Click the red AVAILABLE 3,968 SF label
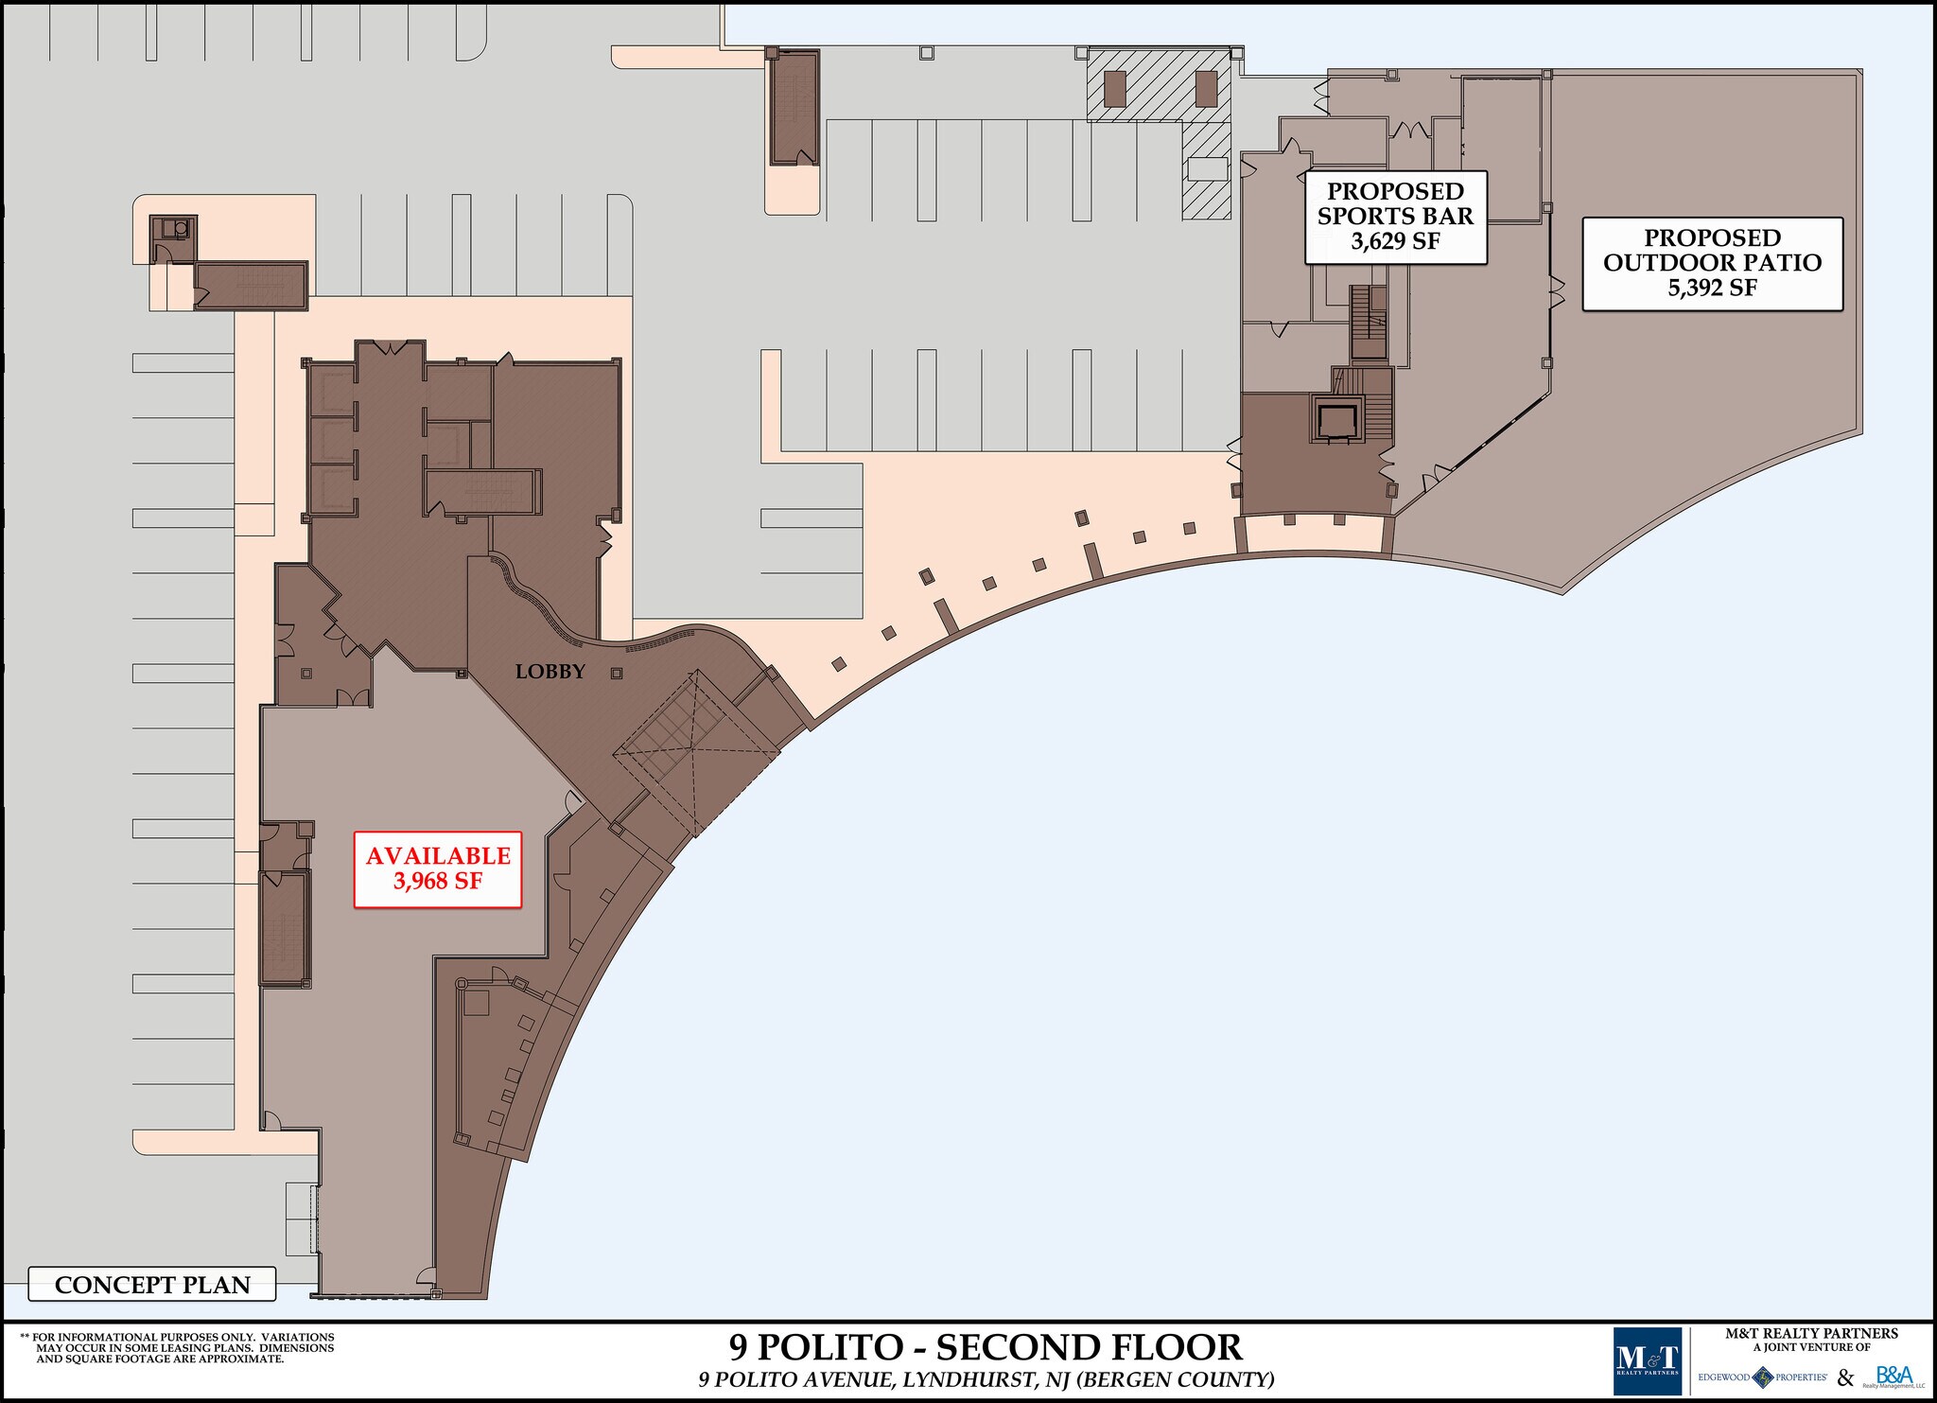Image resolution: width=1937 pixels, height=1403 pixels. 438,869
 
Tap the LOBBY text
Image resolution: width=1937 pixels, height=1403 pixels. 550,672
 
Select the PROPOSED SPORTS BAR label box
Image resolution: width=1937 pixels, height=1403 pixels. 1395,217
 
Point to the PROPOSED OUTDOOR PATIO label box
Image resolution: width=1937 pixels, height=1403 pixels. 1712,263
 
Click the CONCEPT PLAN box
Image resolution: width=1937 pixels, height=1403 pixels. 152,1285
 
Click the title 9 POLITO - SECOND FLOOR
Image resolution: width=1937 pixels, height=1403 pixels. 985,1347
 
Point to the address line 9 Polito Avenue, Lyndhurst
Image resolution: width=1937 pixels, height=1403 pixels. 986,1379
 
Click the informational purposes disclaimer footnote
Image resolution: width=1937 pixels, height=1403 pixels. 177,1349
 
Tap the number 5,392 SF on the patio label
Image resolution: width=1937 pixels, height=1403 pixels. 1712,288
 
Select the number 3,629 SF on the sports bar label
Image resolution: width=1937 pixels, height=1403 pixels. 1395,241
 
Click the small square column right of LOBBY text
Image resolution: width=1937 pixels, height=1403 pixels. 617,674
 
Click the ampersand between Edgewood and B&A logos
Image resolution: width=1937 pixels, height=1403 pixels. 1845,1377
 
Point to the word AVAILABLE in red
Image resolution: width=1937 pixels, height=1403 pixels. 438,856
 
